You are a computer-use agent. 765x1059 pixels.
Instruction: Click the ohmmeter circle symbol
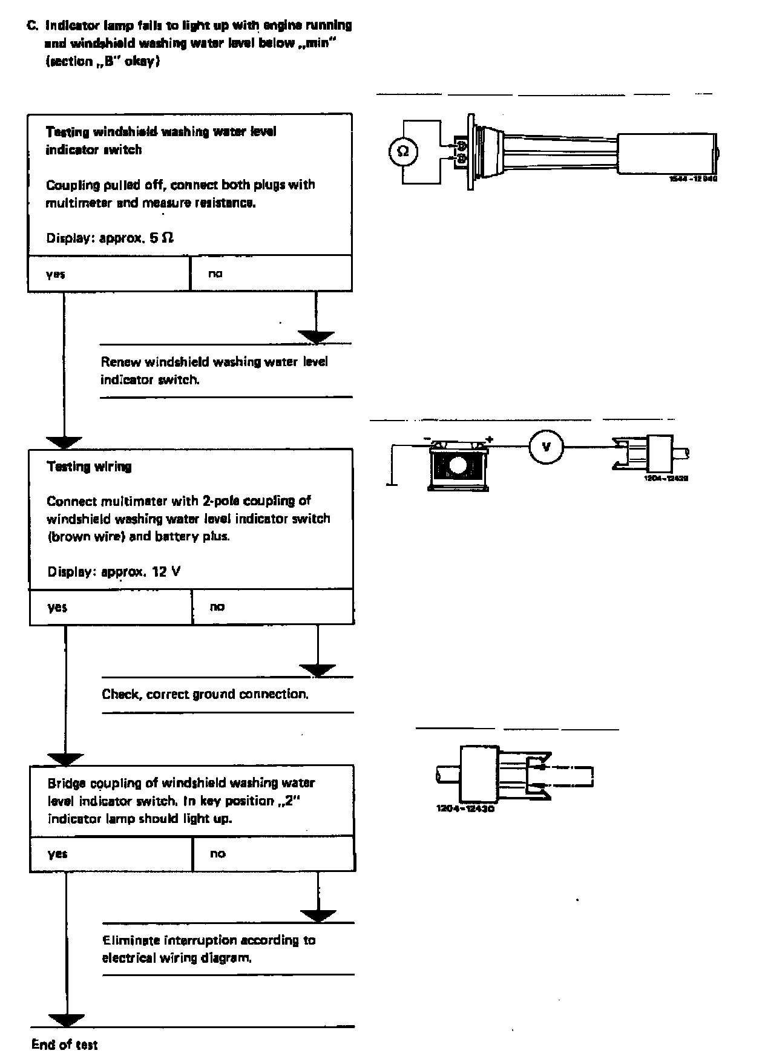402,151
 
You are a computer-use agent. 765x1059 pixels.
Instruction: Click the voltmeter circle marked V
547,447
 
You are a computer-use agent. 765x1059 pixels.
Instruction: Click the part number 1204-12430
465,808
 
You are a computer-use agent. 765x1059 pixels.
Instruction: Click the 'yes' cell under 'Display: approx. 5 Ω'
109,274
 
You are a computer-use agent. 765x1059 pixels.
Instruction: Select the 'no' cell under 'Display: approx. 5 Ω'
271,274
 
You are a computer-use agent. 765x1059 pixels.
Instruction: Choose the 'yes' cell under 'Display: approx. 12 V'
111,606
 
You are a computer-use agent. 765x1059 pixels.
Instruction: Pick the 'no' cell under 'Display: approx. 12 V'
272,606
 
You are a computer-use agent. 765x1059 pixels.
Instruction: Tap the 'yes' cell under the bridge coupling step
111,853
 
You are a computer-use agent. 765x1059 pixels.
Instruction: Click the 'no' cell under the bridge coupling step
274,853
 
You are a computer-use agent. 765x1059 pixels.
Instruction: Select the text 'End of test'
64,1044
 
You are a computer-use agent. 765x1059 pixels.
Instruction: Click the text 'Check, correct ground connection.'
205,694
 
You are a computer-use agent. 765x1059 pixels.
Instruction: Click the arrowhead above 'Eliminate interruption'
318,915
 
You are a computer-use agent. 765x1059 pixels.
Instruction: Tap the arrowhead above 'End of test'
66,1020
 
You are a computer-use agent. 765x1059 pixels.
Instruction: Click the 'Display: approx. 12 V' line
114,571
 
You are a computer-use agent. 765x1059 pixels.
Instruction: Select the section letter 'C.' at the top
33,26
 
